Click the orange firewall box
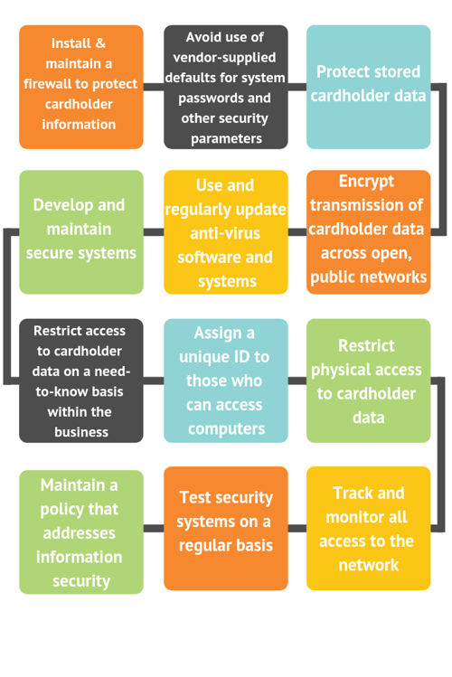tap(81, 87)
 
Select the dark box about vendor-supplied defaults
tap(226, 87)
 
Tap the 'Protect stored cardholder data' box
tap(368, 87)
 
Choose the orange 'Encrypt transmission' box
tap(368, 232)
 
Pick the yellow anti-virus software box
tap(226, 232)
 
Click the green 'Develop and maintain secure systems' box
tap(81, 232)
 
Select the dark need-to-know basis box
tap(81, 381)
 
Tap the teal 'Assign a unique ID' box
tap(226, 381)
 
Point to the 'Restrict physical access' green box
tap(368, 381)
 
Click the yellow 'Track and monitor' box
tap(368, 528)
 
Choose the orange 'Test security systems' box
tap(226, 528)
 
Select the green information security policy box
tap(81, 531)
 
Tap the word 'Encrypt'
tap(366, 182)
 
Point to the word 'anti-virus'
tap(225, 233)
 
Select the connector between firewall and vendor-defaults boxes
tap(154, 87)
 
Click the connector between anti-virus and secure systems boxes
tap(154, 232)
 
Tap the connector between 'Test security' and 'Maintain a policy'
tap(154, 529)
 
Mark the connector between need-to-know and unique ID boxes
tap(154, 381)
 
